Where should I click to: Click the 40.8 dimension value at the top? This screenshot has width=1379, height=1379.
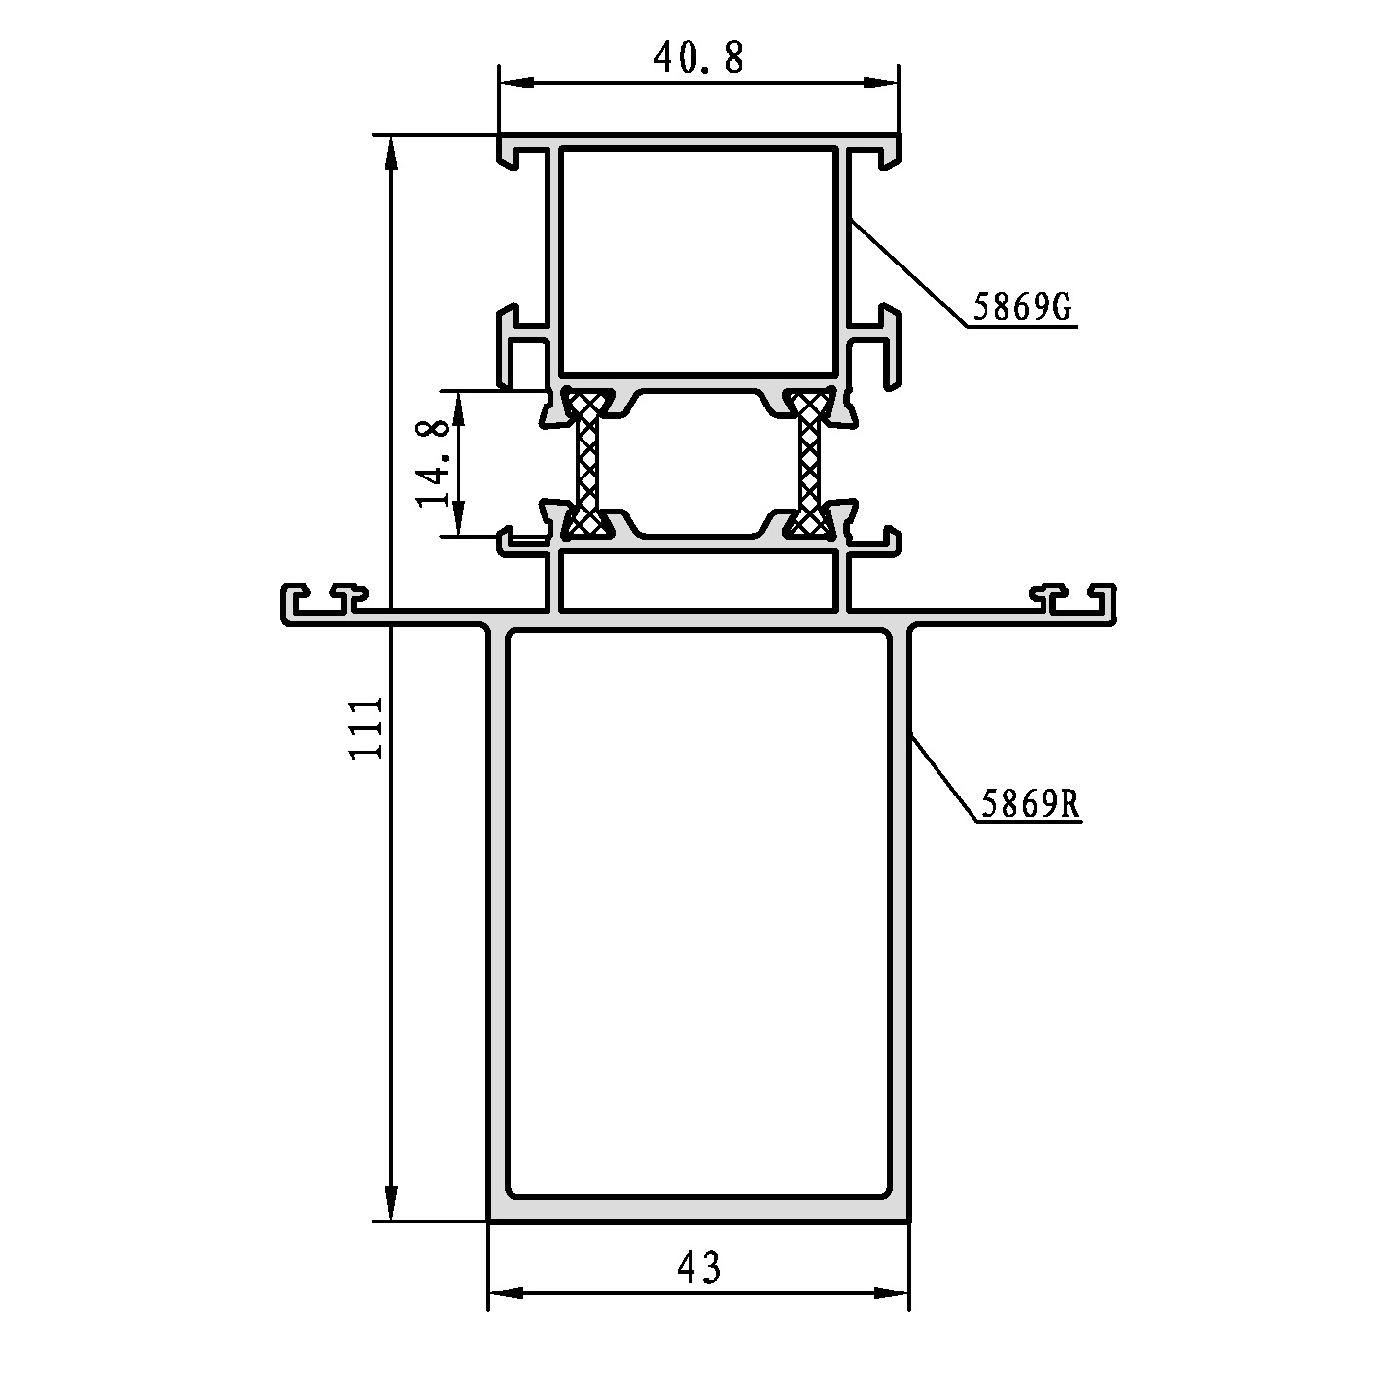coord(698,58)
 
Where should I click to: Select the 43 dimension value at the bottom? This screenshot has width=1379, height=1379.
coord(698,1267)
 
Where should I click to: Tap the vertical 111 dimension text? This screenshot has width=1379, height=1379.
coord(366,728)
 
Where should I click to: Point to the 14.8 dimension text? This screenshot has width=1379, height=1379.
coord(434,463)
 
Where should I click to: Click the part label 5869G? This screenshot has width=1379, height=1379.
coord(1021,309)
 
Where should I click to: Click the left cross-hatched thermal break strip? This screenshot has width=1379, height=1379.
coord(587,461)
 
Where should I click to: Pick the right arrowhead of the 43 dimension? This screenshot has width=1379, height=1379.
coord(892,1293)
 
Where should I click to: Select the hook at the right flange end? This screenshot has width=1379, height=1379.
coord(1105,601)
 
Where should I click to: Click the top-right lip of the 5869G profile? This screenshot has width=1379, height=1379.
coord(888,153)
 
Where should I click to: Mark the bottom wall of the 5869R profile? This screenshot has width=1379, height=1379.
coord(698,1209)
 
